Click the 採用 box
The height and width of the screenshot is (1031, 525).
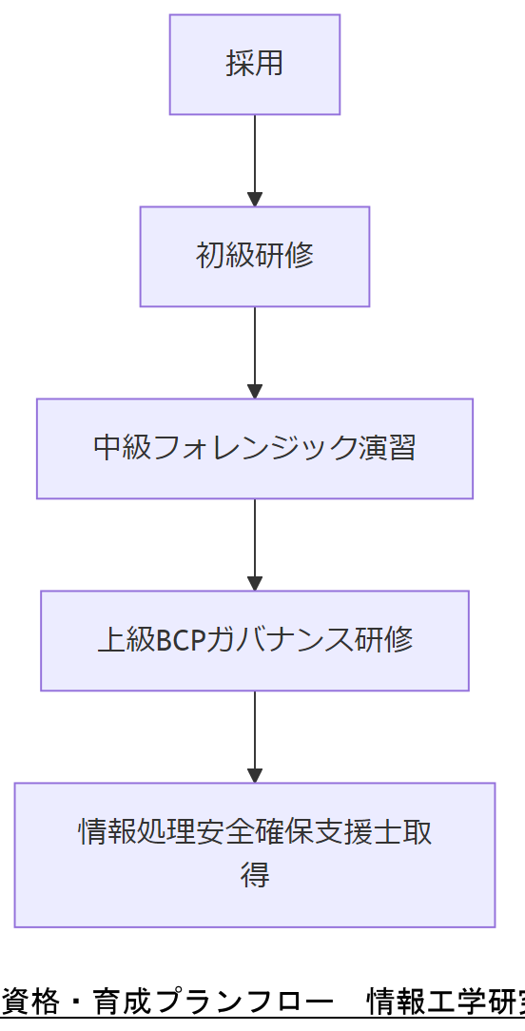255,65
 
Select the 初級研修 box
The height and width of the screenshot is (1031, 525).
255,257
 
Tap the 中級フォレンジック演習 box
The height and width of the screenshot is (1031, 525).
255,449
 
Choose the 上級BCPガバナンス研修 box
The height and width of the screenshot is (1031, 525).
255,641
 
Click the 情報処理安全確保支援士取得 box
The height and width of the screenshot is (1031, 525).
255,854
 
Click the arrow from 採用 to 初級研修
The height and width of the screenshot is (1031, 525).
255,157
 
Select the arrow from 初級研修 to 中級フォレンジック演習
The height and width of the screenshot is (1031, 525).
255,349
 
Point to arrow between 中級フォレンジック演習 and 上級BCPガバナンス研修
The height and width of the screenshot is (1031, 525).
255,541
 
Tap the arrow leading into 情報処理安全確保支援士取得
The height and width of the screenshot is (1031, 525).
255,733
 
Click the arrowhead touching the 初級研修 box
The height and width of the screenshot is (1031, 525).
255,200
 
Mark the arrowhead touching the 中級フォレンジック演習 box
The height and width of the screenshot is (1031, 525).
255,392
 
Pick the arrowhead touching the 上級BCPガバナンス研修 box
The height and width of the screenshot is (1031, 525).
255,584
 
